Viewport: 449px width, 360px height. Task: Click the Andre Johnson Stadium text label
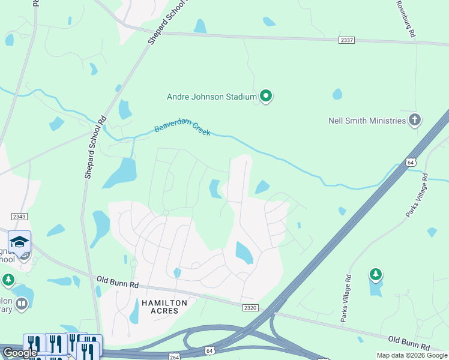211,96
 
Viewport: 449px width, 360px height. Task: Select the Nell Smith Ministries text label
367,121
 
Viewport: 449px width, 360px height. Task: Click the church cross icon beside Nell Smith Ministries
414,120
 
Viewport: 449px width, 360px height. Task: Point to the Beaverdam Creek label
182,127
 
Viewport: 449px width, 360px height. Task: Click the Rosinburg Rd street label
406,19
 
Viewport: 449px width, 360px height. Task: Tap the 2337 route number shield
347,40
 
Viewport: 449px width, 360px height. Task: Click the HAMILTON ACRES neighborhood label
164,307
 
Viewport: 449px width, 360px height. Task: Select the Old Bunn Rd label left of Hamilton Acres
118,281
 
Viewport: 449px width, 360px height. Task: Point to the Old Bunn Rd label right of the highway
408,343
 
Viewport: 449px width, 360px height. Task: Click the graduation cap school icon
19,242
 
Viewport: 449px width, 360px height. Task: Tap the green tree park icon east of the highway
375,275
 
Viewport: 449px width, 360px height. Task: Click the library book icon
22,305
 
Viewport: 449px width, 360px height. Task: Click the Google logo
20,353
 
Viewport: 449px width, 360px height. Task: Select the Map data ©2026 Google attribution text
411,355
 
